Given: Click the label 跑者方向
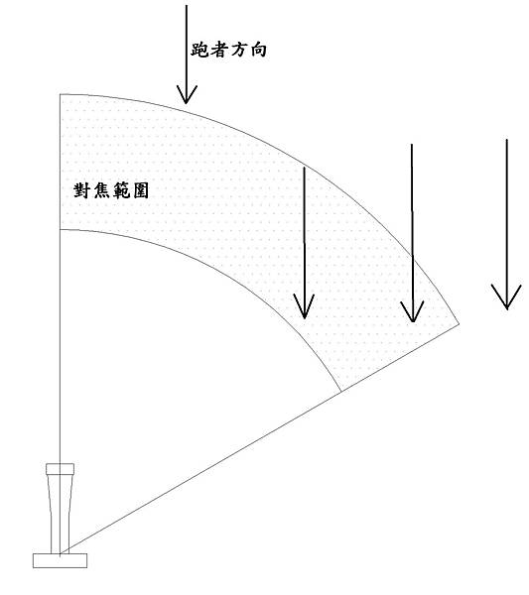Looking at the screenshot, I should tap(229, 49).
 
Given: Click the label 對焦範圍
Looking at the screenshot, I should tap(112, 190).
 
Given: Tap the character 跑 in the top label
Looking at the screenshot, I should tap(199, 49).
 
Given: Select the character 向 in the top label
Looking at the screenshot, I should tap(258, 49).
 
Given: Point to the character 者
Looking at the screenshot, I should tap(219, 49).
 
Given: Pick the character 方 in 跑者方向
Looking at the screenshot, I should tap(239, 49).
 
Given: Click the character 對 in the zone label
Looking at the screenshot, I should tap(83, 190).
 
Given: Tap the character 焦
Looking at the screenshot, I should tap(102, 190).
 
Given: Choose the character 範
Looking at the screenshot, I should tap(121, 190).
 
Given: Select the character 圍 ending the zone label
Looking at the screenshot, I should tap(141, 190).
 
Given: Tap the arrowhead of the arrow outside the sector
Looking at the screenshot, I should tap(506, 299).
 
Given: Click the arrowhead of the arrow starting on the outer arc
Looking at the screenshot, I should tap(305, 310).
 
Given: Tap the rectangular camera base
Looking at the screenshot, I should tap(60, 560).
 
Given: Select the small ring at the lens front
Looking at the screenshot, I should tap(60, 470).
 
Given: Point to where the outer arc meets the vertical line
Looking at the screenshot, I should tap(60, 94).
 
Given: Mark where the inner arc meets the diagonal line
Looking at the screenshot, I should tap(342, 392).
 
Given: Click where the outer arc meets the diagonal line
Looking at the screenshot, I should tap(460, 324).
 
